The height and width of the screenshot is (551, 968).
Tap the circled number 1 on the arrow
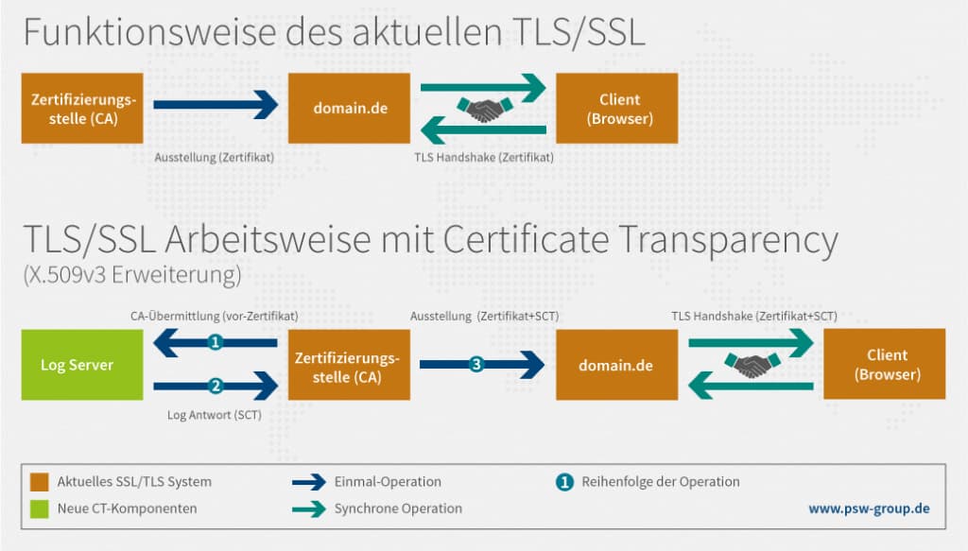click(x=216, y=343)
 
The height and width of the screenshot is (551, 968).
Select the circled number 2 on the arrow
click(x=216, y=386)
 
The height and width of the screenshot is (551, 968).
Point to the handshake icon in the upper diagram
click(x=484, y=109)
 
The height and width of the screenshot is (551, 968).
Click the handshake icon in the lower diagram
click(x=752, y=365)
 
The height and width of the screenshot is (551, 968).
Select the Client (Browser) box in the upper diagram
click(x=618, y=109)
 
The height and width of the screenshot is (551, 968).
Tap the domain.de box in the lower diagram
click(x=617, y=365)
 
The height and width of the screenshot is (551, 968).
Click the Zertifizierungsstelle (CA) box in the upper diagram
click(x=83, y=109)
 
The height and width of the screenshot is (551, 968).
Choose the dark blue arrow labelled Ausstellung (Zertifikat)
click(x=216, y=105)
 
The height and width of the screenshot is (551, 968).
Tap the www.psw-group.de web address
click(x=869, y=508)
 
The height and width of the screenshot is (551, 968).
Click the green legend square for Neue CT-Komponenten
click(x=39, y=508)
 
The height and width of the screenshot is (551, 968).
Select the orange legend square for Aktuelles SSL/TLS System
click(x=39, y=482)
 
